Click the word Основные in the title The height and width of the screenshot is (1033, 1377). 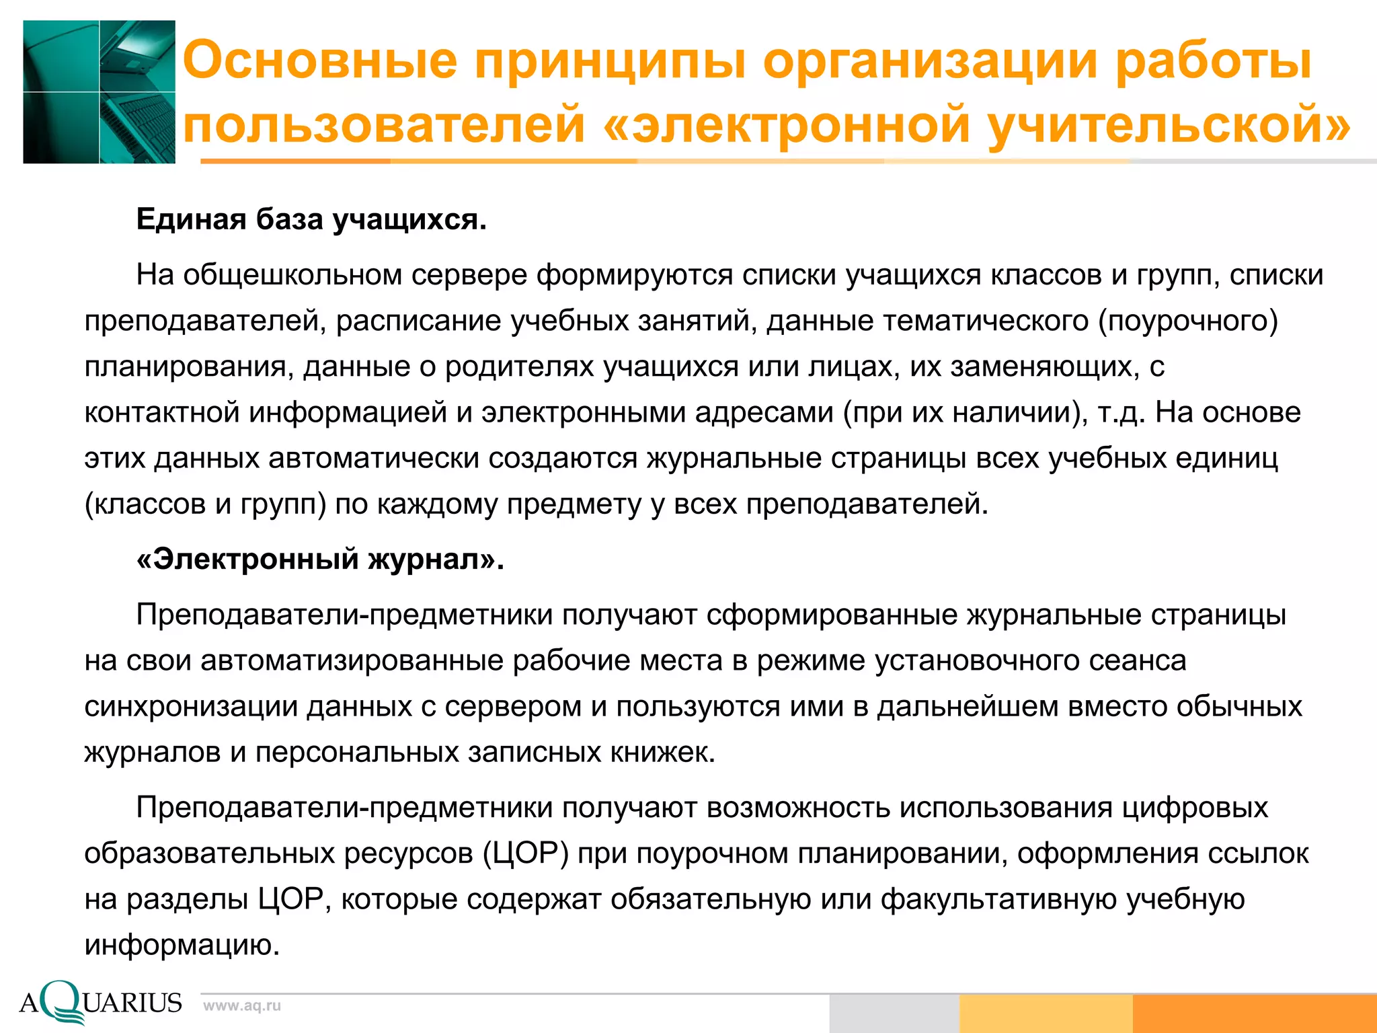320,61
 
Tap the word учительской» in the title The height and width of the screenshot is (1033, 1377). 1169,124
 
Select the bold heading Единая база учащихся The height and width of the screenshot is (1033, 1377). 311,220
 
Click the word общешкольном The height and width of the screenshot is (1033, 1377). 292,275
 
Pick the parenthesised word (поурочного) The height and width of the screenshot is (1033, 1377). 1188,321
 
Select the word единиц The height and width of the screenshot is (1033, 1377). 1226,458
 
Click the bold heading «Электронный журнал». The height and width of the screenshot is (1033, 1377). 320,559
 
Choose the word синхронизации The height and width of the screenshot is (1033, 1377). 191,706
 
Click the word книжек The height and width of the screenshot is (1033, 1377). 662,752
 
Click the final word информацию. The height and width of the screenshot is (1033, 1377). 182,945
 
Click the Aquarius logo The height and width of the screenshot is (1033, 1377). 101,1002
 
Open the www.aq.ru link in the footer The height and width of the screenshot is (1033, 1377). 242,1006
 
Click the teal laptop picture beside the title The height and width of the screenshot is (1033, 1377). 100,92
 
